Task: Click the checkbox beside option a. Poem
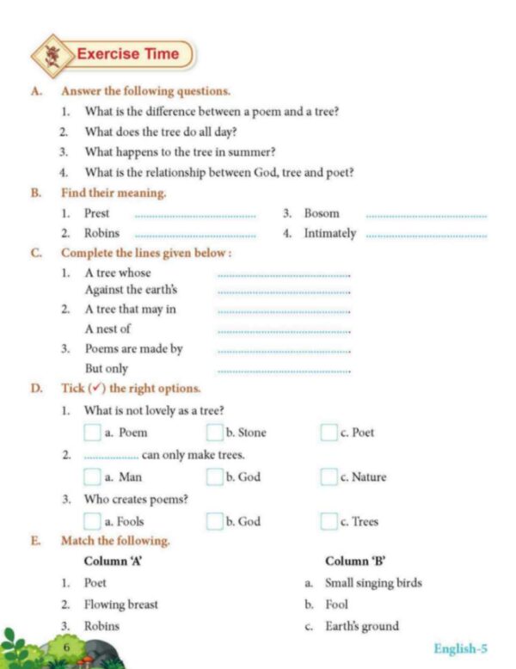(92, 433)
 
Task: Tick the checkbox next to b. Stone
(214, 433)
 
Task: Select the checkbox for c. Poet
(329, 433)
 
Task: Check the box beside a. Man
(92, 476)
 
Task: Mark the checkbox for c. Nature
(329, 476)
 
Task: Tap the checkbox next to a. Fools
(92, 520)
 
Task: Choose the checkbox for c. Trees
(329, 520)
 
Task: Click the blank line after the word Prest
(196, 216)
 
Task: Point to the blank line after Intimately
(426, 236)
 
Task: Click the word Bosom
(322, 213)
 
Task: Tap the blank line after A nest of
(285, 332)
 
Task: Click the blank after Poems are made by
(285, 352)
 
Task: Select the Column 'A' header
(113, 561)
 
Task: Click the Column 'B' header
(354, 561)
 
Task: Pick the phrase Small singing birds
(373, 582)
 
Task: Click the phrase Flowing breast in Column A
(121, 604)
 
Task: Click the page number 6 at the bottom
(65, 645)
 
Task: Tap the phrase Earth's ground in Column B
(362, 625)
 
